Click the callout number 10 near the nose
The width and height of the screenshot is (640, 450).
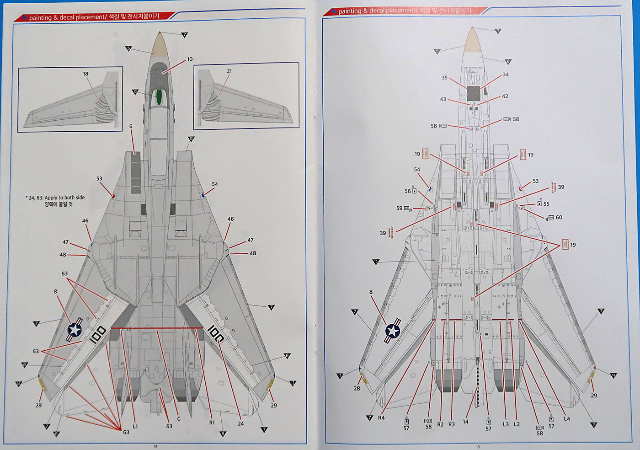tap(190, 59)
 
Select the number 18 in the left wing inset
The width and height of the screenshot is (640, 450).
tap(85, 74)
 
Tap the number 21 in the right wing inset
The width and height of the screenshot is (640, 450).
tap(229, 71)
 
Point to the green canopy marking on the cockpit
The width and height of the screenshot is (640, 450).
tap(159, 96)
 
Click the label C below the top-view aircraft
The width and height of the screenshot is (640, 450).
tap(179, 418)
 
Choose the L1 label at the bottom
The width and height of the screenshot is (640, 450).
tap(135, 426)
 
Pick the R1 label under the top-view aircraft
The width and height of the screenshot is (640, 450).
tap(212, 423)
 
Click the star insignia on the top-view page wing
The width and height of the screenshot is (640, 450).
tap(75, 329)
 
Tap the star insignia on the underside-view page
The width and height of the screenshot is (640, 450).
tap(392, 331)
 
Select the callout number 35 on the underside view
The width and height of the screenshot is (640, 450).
tap(444, 78)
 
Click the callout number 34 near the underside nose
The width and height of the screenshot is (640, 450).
tap(505, 75)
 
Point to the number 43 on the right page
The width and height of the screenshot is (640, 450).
tap(443, 99)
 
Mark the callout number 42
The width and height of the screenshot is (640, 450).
tap(505, 96)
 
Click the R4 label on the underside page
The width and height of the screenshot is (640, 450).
tap(381, 418)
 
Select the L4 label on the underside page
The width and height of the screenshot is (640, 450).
tap(567, 418)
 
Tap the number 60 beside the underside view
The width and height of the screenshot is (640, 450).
tap(559, 217)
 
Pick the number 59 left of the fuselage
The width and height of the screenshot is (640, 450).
tap(399, 208)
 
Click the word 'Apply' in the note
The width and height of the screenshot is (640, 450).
tap(51, 198)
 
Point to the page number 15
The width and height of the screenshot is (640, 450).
tap(478, 447)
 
